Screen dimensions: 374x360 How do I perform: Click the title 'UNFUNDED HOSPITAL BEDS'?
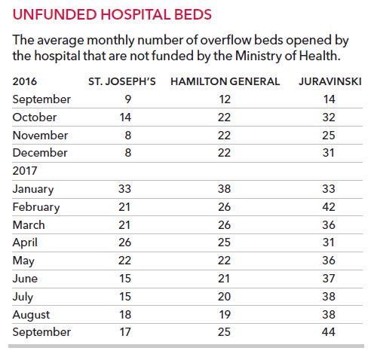tap(112, 14)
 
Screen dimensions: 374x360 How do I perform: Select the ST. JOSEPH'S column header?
tap(122, 81)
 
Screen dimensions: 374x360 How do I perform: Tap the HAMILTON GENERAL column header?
tap(225, 81)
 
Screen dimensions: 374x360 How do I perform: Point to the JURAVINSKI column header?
tap(330, 81)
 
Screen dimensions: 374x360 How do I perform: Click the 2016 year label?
tap(25, 81)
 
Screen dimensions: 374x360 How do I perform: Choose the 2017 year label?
tap(25, 171)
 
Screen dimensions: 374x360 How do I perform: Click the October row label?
tap(35, 117)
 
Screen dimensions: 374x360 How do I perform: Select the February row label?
tap(36, 207)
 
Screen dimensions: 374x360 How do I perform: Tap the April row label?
tap(25, 243)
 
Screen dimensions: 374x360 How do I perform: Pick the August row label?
tap(31, 315)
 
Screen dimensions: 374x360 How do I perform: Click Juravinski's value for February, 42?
tap(329, 207)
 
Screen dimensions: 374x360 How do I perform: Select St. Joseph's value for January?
tap(124, 189)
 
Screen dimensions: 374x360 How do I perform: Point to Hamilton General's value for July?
tap(224, 297)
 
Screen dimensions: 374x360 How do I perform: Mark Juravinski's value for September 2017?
tap(329, 332)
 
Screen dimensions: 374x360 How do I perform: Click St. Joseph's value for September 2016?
tap(128, 99)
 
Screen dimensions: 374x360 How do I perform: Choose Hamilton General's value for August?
tap(225, 315)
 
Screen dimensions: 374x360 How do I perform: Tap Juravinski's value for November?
tap(329, 136)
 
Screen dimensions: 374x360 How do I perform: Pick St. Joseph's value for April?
tap(124, 243)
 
